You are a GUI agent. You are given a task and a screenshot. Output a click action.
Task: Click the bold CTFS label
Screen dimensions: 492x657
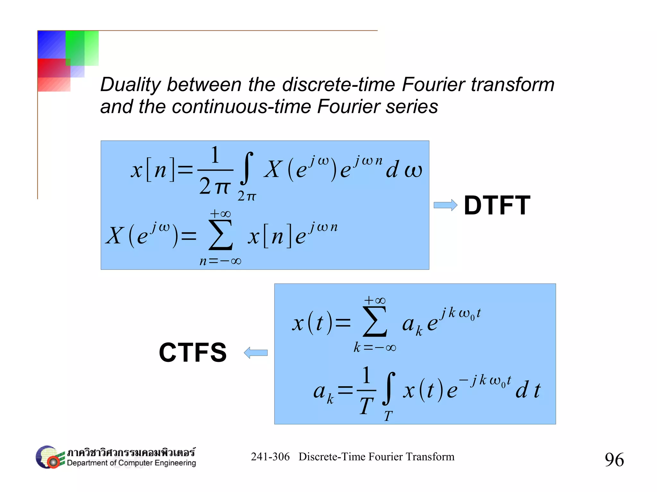193,352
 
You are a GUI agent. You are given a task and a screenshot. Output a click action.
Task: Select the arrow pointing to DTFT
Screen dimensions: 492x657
445,205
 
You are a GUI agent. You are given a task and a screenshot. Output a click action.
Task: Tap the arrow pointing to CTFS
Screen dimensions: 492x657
256,353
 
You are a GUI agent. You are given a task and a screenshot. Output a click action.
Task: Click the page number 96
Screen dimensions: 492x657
614,460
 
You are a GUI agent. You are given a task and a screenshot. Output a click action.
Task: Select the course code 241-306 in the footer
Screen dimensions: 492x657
270,456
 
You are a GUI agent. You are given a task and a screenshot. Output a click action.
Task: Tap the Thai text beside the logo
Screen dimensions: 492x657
131,453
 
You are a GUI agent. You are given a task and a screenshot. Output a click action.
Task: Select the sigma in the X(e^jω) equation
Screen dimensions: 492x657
220,235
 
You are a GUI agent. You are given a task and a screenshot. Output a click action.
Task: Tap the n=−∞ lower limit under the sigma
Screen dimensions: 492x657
220,261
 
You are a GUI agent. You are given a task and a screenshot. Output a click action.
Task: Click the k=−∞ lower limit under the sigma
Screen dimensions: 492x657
374,347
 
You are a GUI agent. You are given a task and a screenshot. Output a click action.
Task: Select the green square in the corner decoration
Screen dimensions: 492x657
82,48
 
